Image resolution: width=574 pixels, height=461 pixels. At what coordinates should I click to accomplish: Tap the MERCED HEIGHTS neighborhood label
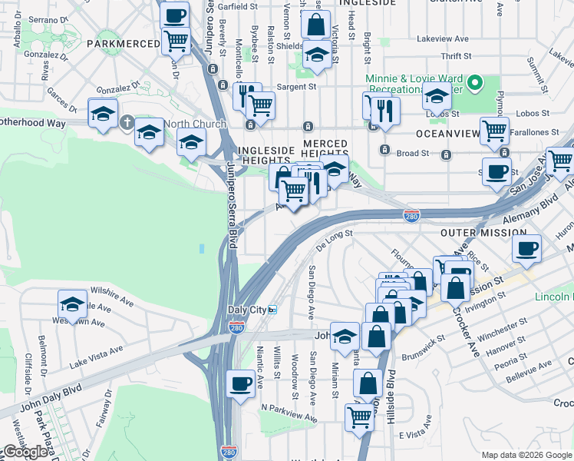click(x=325, y=150)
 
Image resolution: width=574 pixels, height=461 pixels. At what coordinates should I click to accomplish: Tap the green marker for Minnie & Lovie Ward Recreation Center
click(x=476, y=82)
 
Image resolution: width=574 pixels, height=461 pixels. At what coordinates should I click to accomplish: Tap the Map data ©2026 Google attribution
click(x=526, y=455)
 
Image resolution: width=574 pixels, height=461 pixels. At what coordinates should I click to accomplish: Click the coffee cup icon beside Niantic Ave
click(x=241, y=383)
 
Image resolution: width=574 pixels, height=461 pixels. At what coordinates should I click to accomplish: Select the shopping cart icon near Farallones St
click(x=494, y=130)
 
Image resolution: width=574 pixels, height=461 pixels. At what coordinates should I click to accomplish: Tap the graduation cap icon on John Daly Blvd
click(x=345, y=335)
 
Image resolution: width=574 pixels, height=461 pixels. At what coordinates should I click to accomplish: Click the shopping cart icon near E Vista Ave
click(x=358, y=417)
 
